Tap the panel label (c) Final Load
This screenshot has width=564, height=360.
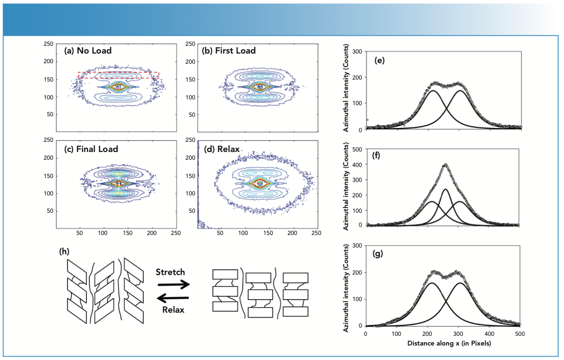(x=91, y=149)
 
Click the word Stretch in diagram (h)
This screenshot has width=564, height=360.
(x=170, y=272)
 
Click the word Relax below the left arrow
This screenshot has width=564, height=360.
(x=173, y=310)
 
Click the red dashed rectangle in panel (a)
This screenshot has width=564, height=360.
(x=119, y=72)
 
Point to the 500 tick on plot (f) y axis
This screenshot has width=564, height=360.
(x=358, y=150)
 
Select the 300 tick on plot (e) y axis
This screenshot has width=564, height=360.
(x=358, y=51)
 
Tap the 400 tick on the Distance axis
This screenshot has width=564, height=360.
(x=489, y=334)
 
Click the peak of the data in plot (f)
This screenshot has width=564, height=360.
(x=445, y=165)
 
